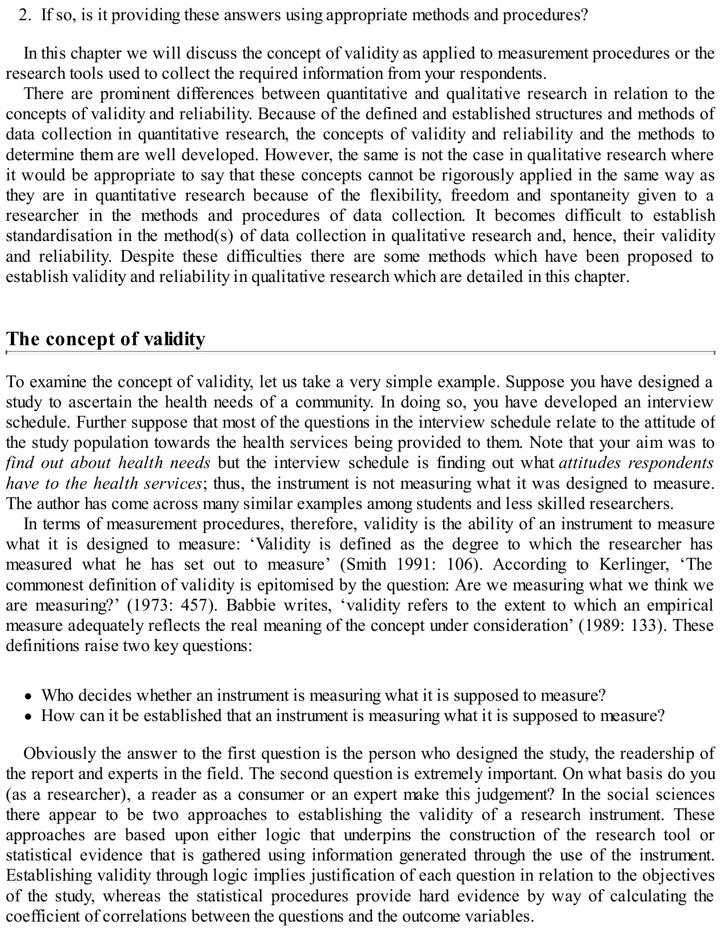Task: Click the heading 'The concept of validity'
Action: pyautogui.click(x=106, y=338)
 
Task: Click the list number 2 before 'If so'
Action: pyautogui.click(x=23, y=15)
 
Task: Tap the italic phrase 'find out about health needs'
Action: pyautogui.click(x=108, y=462)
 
